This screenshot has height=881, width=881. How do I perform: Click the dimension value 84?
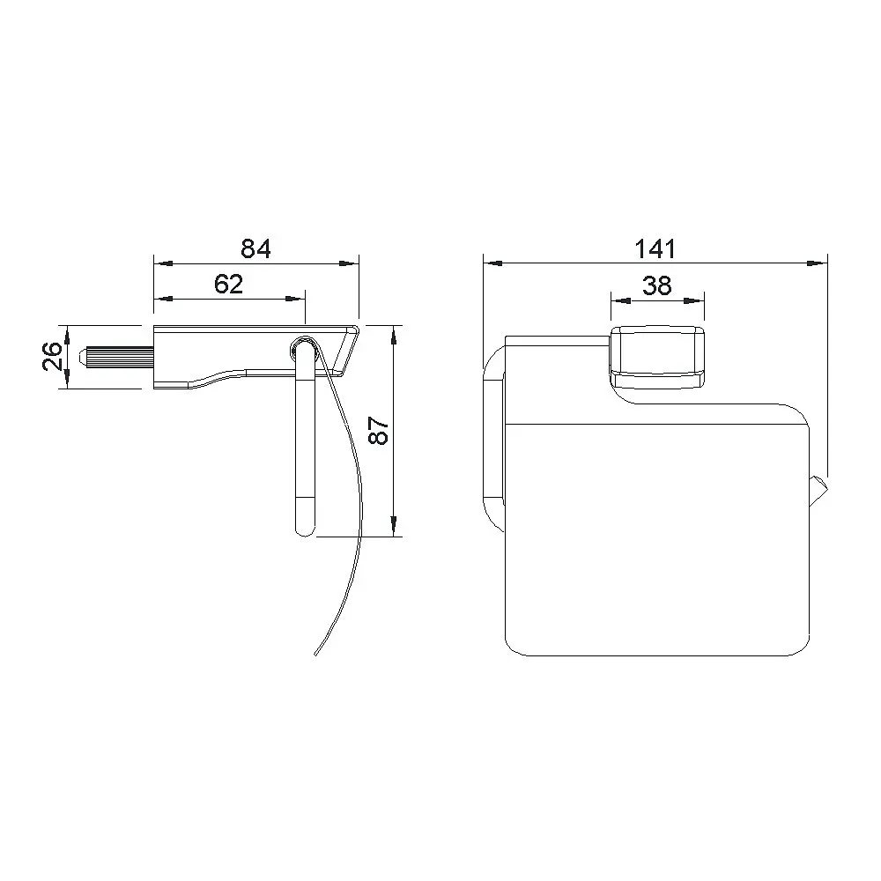pos(255,248)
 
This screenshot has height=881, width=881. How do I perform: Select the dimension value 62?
pos(229,285)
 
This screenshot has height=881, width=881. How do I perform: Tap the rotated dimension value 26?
pos(52,356)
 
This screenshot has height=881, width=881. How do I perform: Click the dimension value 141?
pos(655,248)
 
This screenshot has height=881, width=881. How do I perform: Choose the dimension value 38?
pos(657,285)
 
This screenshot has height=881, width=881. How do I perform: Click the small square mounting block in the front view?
pos(657,357)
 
